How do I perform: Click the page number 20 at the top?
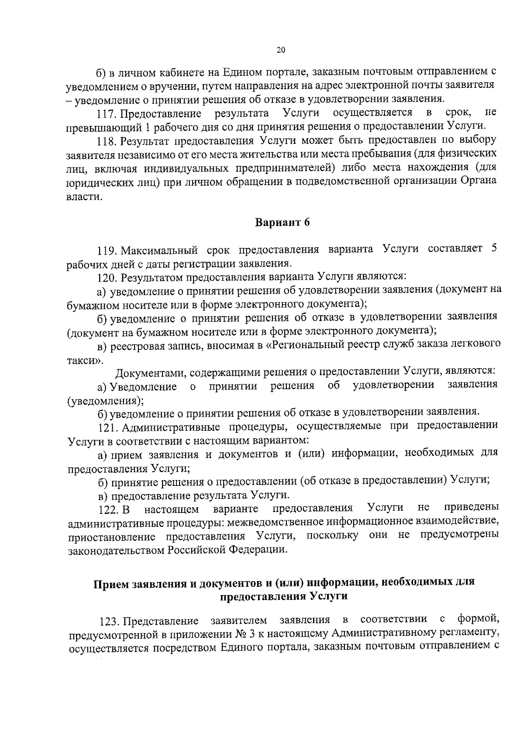coord(281,50)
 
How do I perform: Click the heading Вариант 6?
coord(282,223)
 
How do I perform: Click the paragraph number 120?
coord(107,277)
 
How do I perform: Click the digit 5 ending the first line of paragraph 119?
coord(494,249)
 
